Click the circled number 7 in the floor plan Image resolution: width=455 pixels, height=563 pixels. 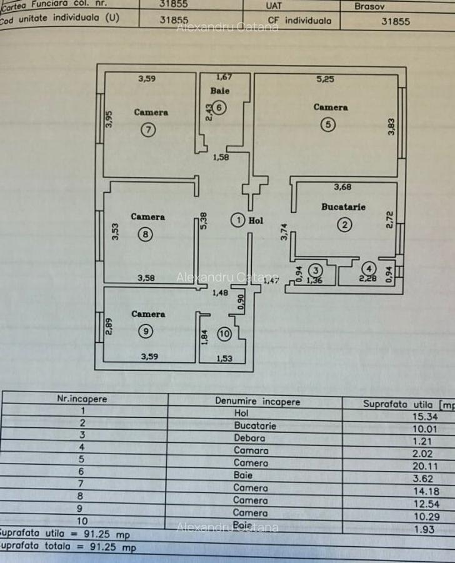click(148, 130)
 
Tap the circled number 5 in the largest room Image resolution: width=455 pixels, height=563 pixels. click(329, 124)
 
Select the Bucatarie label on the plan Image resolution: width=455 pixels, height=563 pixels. click(343, 207)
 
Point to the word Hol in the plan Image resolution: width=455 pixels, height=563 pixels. click(256, 220)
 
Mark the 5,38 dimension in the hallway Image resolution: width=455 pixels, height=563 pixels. click(204, 220)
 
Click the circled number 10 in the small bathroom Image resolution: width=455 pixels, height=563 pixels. click(224, 334)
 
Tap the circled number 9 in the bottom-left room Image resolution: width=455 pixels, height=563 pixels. click(145, 332)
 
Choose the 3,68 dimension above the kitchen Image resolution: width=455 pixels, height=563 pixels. click(342, 186)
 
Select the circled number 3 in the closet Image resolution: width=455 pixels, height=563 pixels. click(316, 270)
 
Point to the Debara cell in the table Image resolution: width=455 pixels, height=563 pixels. click(250, 438)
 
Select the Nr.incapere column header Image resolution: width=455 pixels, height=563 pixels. click(82, 398)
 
